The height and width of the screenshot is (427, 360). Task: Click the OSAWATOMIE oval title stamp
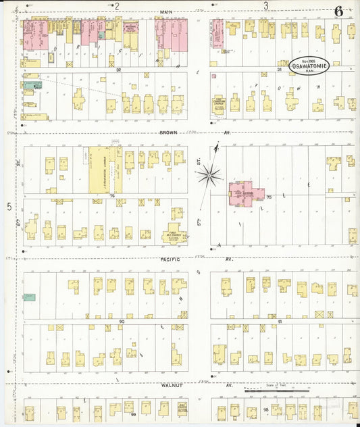(x=313, y=66)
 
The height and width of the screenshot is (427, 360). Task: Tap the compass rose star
(x=210, y=176)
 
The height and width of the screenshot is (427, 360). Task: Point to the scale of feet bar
(x=276, y=391)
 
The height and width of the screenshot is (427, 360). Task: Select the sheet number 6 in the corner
(x=338, y=11)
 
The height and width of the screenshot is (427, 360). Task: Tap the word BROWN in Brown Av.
(x=169, y=132)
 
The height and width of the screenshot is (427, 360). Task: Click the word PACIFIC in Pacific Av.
(x=169, y=259)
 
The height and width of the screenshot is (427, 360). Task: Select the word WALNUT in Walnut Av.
(x=169, y=385)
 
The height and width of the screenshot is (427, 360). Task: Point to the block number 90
(x=122, y=322)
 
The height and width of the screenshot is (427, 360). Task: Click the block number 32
(x=118, y=69)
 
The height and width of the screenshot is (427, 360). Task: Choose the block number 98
(x=266, y=410)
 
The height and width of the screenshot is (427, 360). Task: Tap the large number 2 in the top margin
(x=116, y=6)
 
